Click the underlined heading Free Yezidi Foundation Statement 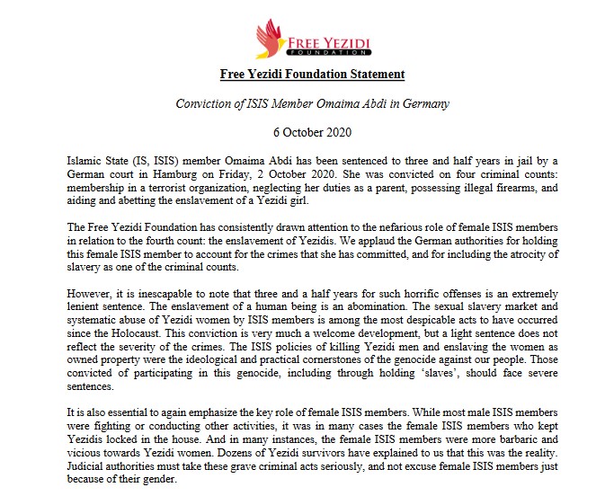pyautogui.click(x=312, y=75)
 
